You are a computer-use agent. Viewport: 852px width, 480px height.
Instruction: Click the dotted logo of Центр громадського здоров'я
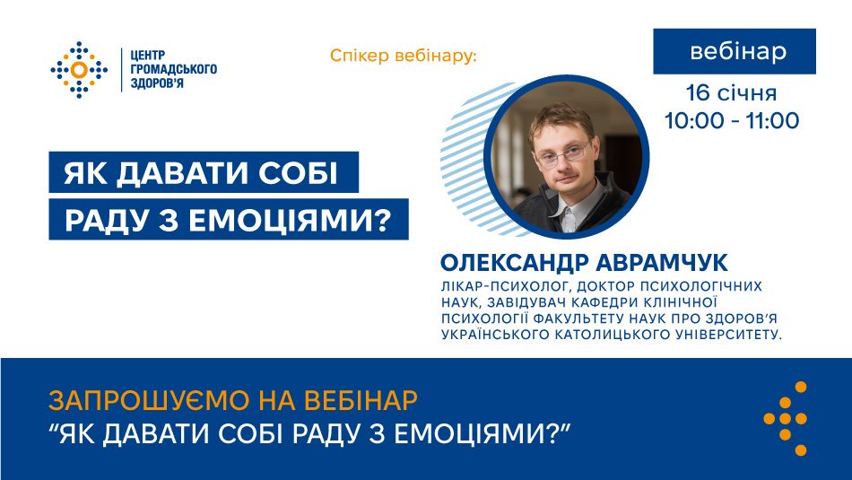point(79,70)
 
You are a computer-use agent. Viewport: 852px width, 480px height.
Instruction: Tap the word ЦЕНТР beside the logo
point(147,55)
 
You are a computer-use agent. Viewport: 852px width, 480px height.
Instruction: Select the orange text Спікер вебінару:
point(403,56)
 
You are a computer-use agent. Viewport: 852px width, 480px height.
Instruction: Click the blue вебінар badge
point(735,51)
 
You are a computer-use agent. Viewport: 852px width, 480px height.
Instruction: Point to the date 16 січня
point(731,93)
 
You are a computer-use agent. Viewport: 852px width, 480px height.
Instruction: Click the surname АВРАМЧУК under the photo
point(662,263)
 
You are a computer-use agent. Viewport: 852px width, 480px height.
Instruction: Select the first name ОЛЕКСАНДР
point(515,263)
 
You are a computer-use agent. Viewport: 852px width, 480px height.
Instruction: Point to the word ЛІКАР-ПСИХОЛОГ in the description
point(504,286)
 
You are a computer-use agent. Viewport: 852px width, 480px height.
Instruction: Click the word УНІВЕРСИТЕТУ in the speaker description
point(728,335)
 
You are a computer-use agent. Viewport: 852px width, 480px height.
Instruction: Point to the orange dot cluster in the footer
point(786,418)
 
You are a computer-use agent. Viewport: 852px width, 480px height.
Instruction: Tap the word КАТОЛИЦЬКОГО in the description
point(612,335)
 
